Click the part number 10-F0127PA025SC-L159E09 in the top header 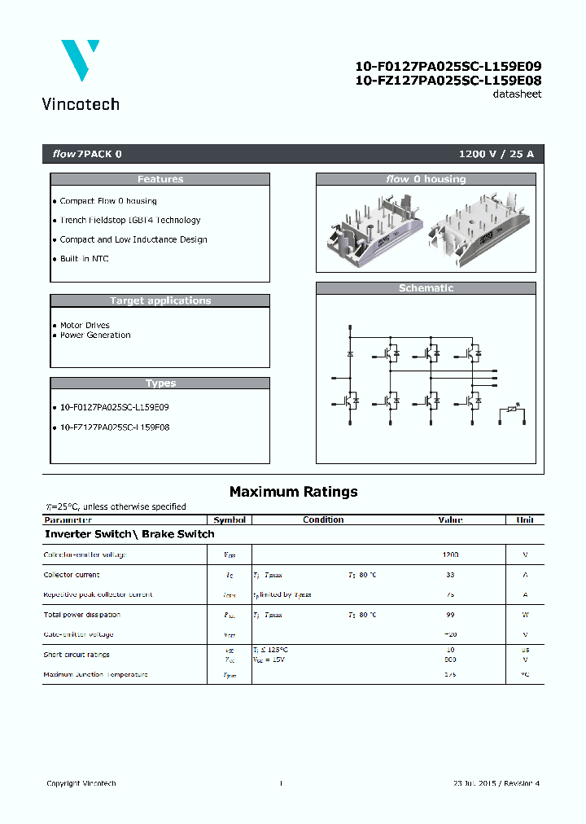pyautogui.click(x=448, y=67)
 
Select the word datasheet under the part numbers pyautogui.click(x=517, y=94)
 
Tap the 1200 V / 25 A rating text pyautogui.click(x=496, y=154)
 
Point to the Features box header pyautogui.click(x=160, y=179)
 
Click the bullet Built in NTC pyautogui.click(x=85, y=259)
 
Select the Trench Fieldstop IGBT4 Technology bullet pyautogui.click(x=130, y=220)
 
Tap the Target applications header pyautogui.click(x=160, y=300)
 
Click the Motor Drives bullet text pyautogui.click(x=85, y=325)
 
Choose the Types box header pyautogui.click(x=160, y=383)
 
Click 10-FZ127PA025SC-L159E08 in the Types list pyautogui.click(x=115, y=427)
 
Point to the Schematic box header pyautogui.click(x=426, y=288)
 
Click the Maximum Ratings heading pyautogui.click(x=293, y=492)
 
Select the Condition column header pyautogui.click(x=323, y=519)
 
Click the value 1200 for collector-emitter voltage pyautogui.click(x=450, y=554)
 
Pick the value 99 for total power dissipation pyautogui.click(x=450, y=615)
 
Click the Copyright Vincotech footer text pyautogui.click(x=81, y=783)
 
